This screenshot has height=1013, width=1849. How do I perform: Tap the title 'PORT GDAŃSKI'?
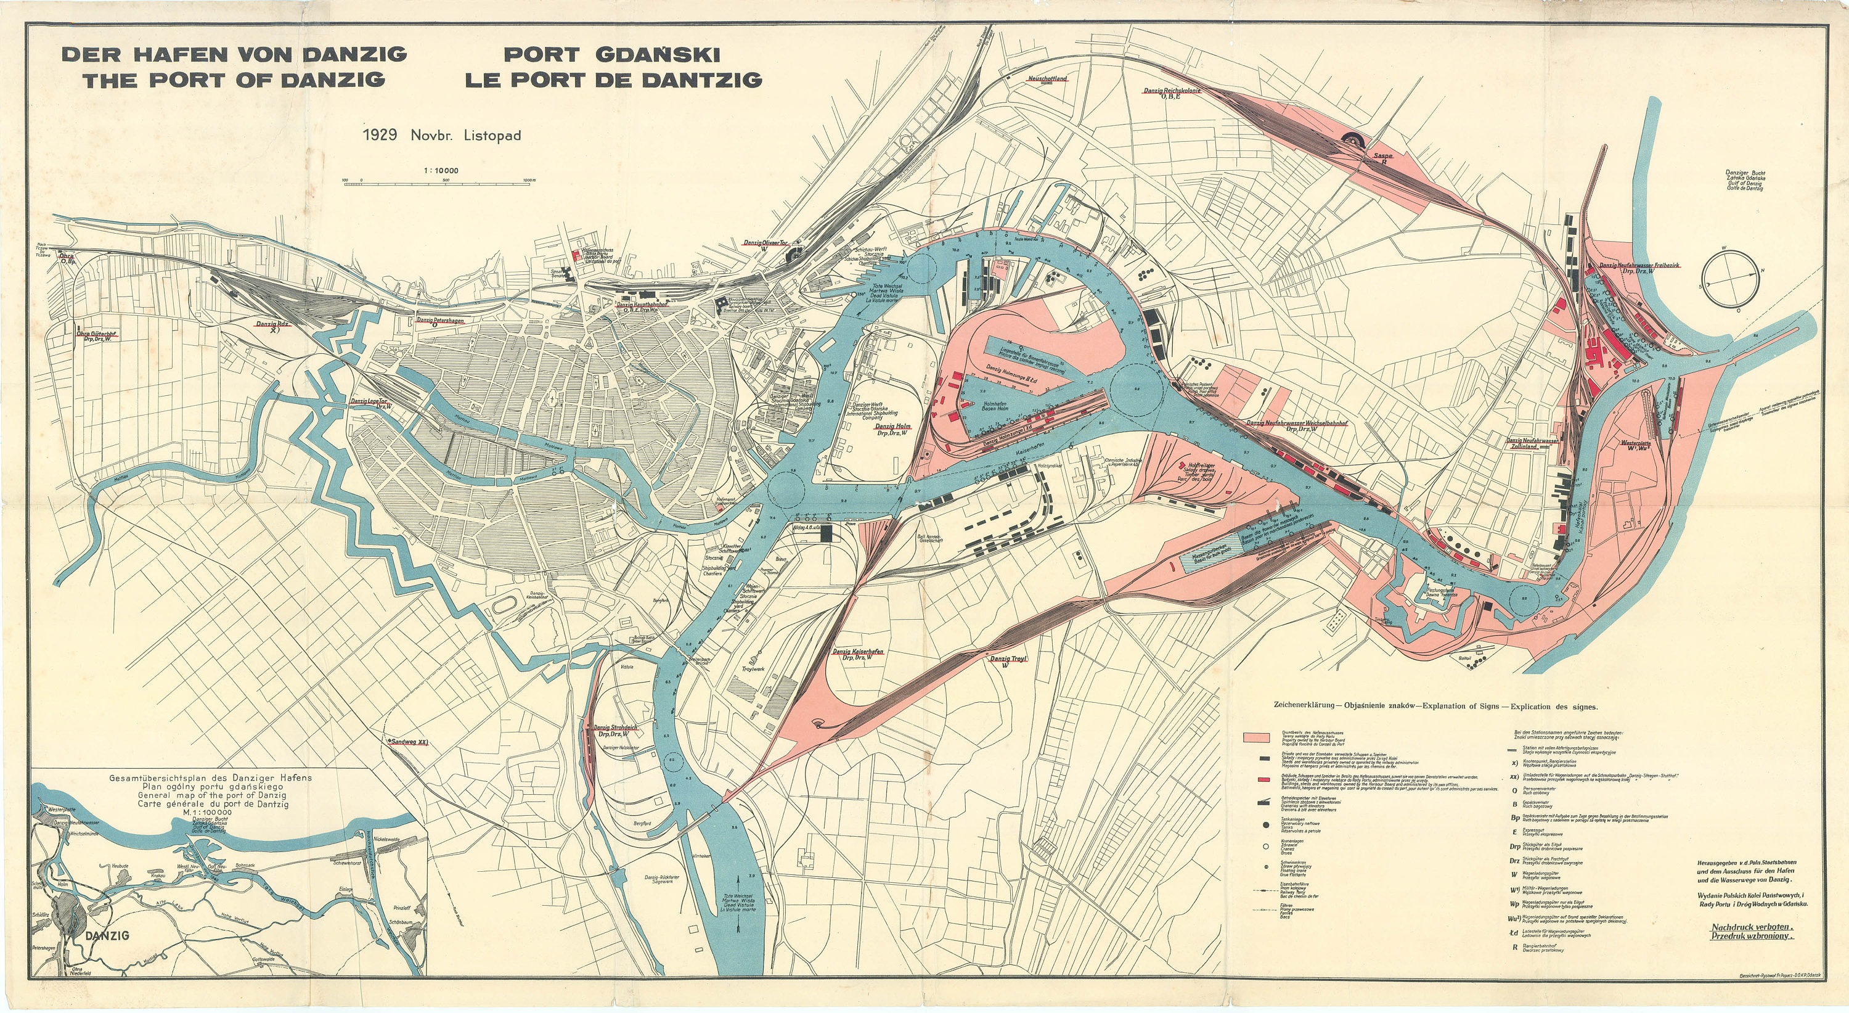point(611,54)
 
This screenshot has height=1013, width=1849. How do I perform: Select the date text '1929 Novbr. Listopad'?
point(442,135)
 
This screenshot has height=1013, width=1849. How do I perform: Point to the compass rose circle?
point(1730,279)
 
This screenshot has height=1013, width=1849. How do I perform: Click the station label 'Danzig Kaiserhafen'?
point(858,652)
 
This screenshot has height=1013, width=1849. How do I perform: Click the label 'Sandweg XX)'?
point(407,741)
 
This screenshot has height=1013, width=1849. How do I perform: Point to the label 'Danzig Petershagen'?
point(439,320)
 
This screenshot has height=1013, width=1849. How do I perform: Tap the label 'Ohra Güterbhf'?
point(97,333)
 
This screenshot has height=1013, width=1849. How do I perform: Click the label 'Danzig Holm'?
point(892,427)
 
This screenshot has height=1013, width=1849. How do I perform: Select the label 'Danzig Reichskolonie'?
point(1172,91)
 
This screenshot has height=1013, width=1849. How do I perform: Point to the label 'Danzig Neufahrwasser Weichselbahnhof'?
point(1296,423)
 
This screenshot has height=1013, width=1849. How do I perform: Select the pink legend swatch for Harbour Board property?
point(1261,737)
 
